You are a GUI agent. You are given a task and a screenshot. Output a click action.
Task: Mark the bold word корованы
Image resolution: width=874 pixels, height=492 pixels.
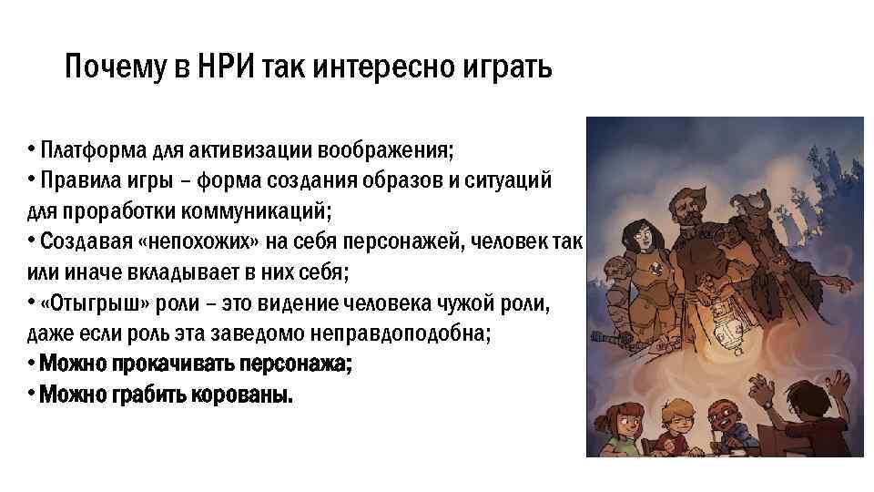pyautogui.click(x=244, y=395)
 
